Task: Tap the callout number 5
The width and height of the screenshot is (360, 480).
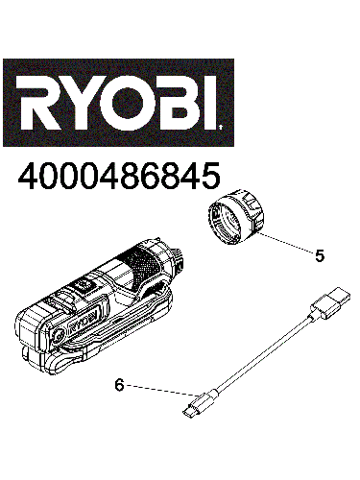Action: pos(320,256)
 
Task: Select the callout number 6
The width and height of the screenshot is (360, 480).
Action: pos(119,385)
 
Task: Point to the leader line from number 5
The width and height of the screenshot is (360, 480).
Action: pos(284,244)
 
